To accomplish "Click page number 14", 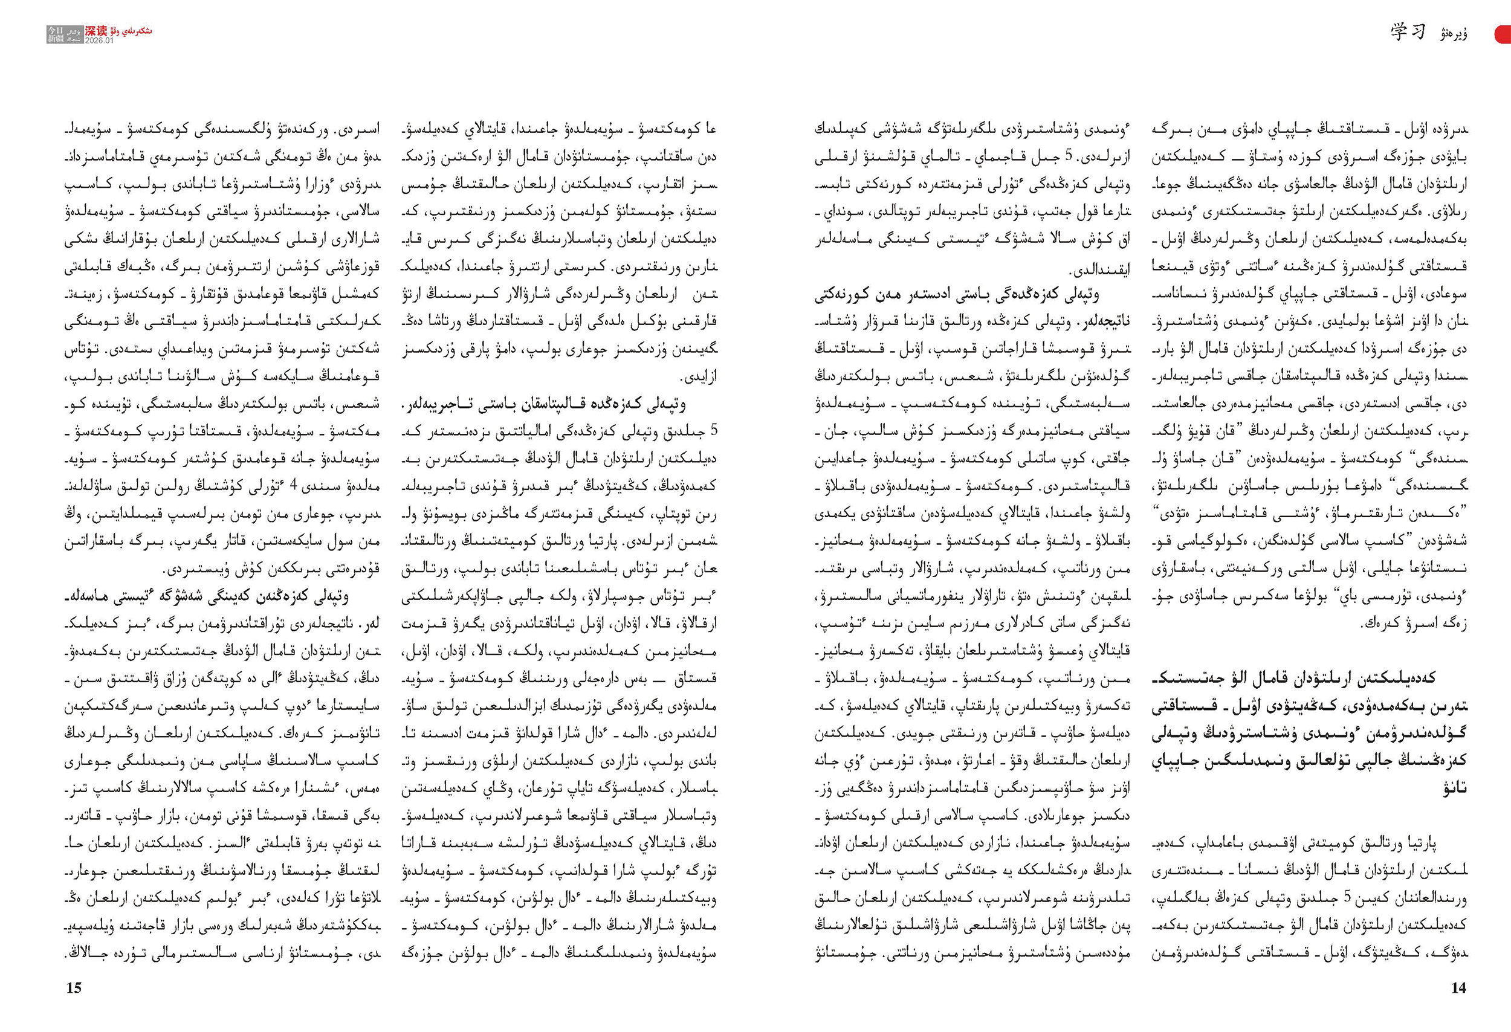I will [x=1458, y=988].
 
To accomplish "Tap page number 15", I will [x=74, y=988].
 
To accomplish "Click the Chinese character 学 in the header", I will [x=1399, y=32].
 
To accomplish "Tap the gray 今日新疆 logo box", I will [x=64, y=34].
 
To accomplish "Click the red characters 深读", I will [x=96, y=31].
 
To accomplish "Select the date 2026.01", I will [x=99, y=40].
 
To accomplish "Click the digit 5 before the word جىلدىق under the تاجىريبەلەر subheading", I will [x=713, y=431].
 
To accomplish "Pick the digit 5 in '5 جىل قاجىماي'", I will [x=1067, y=156].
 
